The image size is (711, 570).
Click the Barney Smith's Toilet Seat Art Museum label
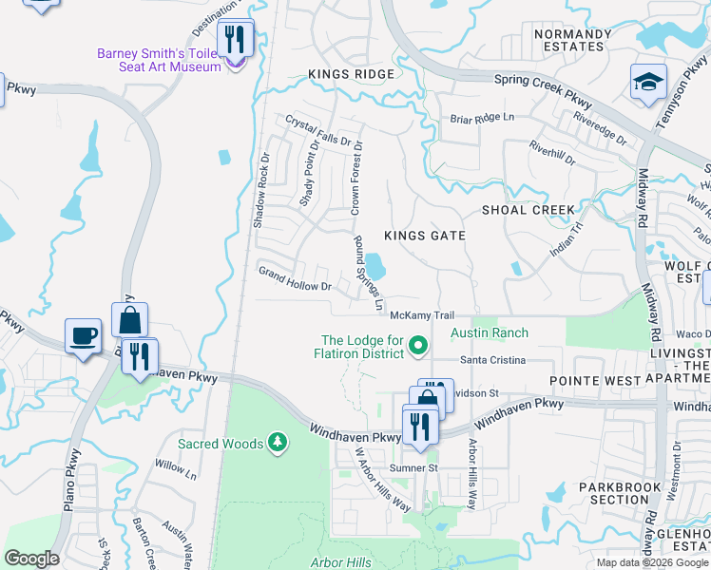click(x=159, y=60)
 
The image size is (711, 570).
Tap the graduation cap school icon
click(x=648, y=82)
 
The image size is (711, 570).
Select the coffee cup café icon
click(x=83, y=335)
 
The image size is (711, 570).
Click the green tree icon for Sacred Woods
click(x=277, y=442)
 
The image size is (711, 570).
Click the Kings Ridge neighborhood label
click(x=349, y=74)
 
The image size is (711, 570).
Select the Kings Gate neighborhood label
click(x=424, y=236)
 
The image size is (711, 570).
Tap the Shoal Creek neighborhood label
click(x=528, y=210)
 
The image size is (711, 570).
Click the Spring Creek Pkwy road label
click(x=543, y=91)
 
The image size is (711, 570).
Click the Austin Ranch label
click(x=489, y=333)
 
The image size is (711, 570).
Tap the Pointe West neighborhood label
click(x=598, y=379)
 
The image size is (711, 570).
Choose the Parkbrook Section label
click(x=619, y=493)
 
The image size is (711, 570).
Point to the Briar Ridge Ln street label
click(x=482, y=118)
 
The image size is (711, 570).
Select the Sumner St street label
click(x=413, y=468)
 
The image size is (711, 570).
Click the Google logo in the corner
click(x=31, y=559)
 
